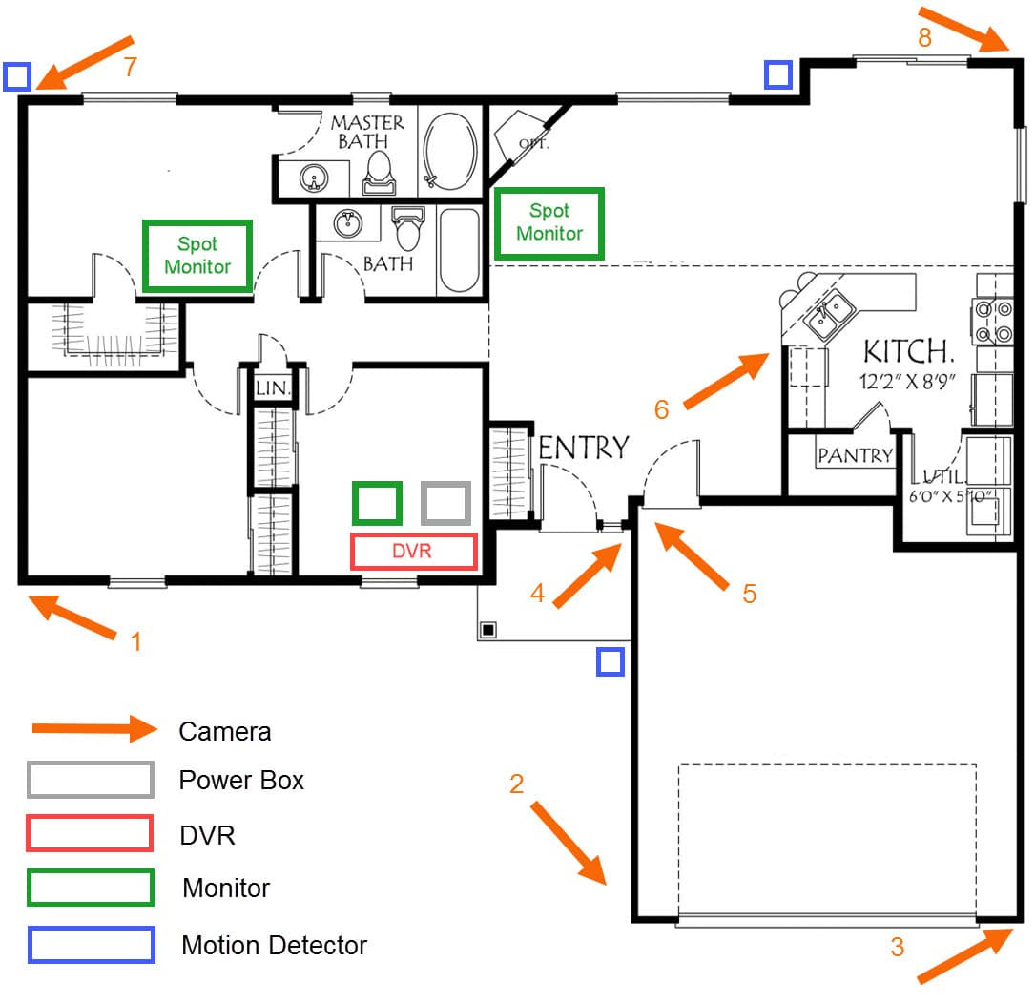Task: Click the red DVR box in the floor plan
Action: pyautogui.click(x=413, y=551)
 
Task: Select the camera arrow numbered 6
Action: pyautogui.click(x=726, y=381)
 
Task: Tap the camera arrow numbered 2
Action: pyautogui.click(x=569, y=843)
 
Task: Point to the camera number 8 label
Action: pyautogui.click(x=924, y=37)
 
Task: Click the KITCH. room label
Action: pyautogui.click(x=909, y=351)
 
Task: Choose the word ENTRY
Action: pyautogui.click(x=584, y=448)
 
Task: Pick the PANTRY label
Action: pyautogui.click(x=855, y=455)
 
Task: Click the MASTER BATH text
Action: pyautogui.click(x=366, y=132)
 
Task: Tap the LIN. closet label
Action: pyautogui.click(x=273, y=387)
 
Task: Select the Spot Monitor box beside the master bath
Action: pyautogui.click(x=197, y=256)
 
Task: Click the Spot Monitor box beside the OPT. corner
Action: pyautogui.click(x=549, y=222)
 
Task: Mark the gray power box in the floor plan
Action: pyautogui.click(x=446, y=503)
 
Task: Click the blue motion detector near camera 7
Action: pyautogui.click(x=17, y=76)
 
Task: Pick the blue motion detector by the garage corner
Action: pyautogui.click(x=611, y=661)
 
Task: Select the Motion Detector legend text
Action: pyautogui.click(x=274, y=945)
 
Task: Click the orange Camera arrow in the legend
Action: pyautogui.click(x=95, y=728)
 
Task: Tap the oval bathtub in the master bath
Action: pyautogui.click(x=449, y=151)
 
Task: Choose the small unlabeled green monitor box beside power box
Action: pyautogui.click(x=377, y=503)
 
